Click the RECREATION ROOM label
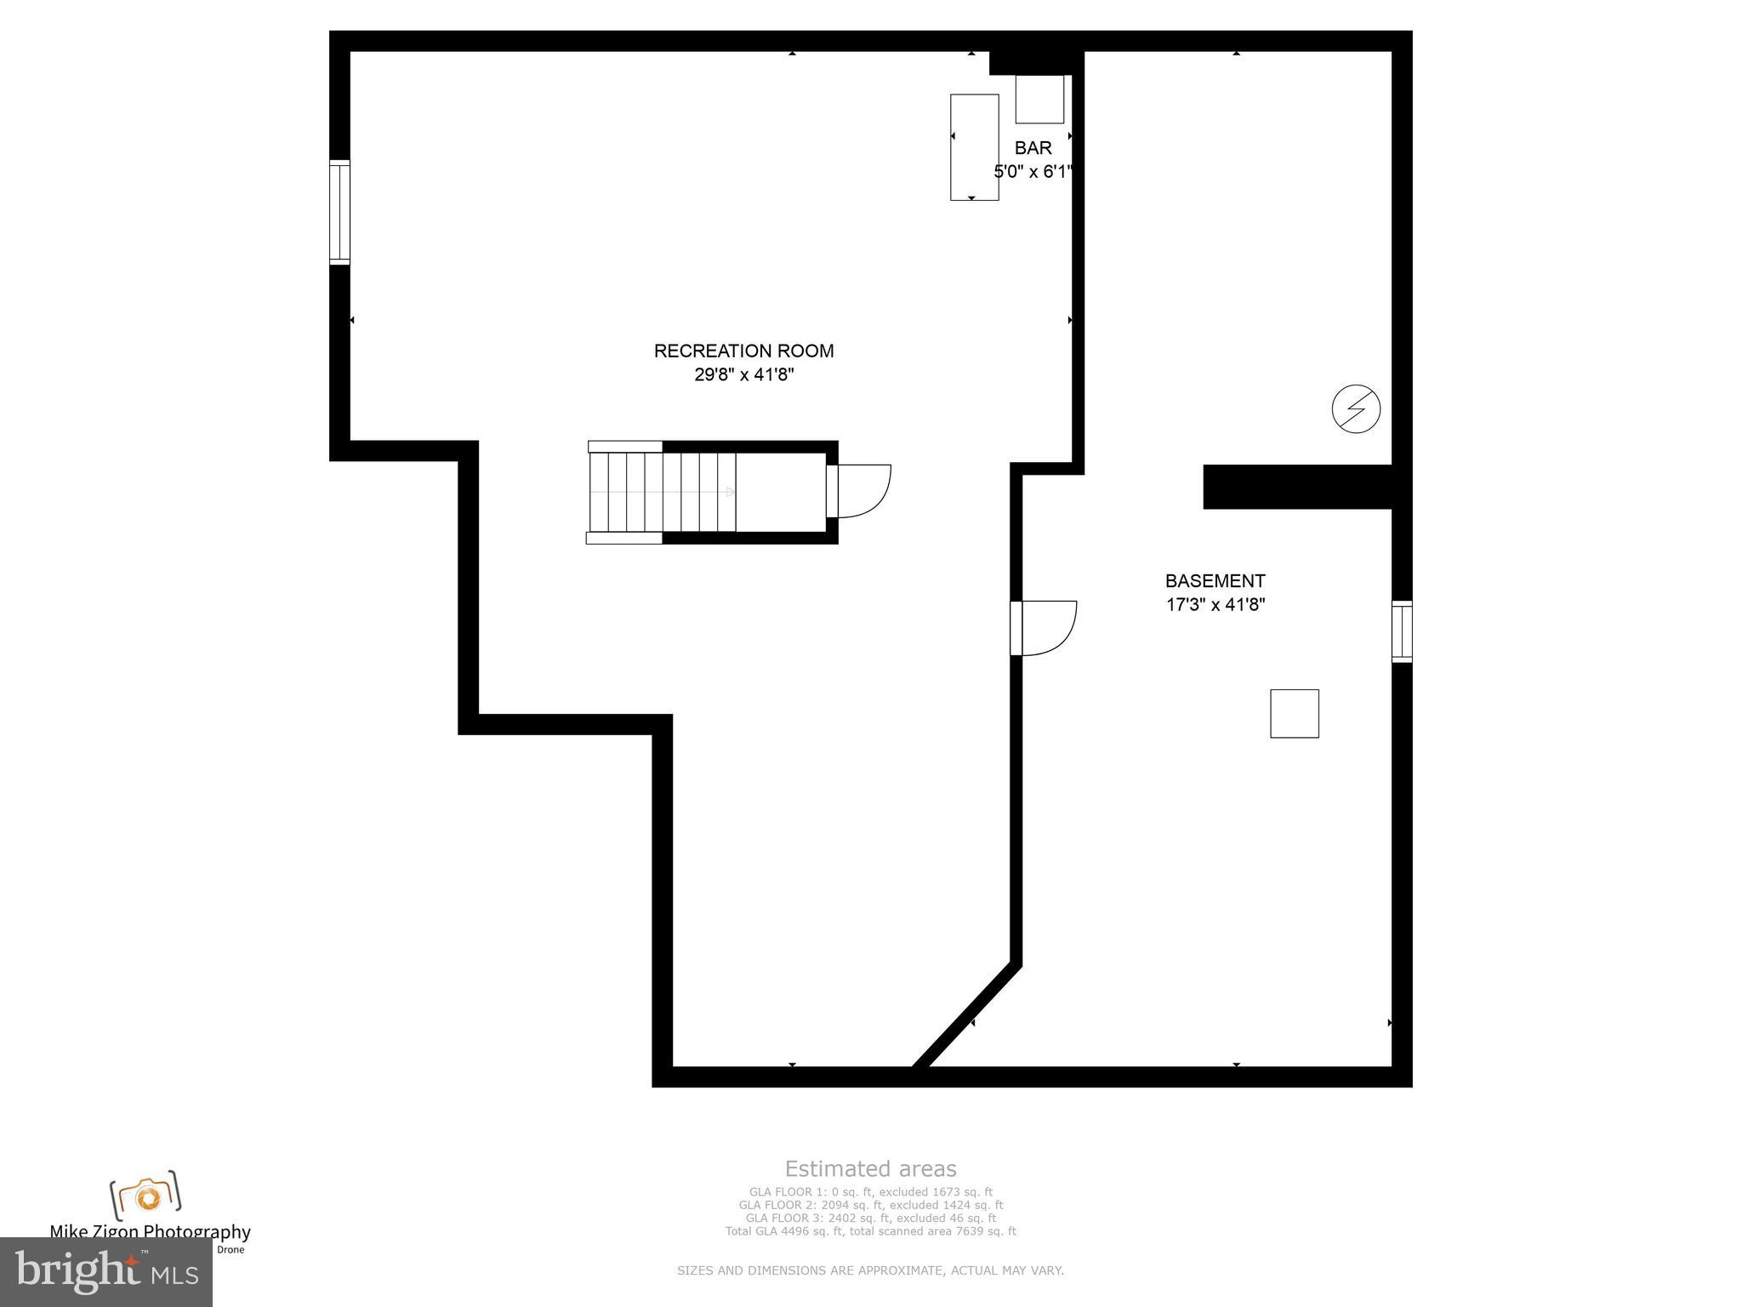pyautogui.click(x=743, y=351)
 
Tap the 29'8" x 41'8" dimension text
pyautogui.click(x=743, y=374)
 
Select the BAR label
pyautogui.click(x=1033, y=148)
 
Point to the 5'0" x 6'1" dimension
pyautogui.click(x=1033, y=172)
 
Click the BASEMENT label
pyautogui.click(x=1215, y=581)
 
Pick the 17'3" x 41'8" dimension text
pyautogui.click(x=1215, y=605)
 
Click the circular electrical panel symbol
pyautogui.click(x=1356, y=408)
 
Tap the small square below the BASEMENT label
pyautogui.click(x=1294, y=713)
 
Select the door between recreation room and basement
pyautogui.click(x=1045, y=628)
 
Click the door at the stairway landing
pyautogui.click(x=859, y=491)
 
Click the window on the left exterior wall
pyautogui.click(x=339, y=212)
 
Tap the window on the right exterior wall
pyautogui.click(x=1402, y=631)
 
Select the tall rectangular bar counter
pyautogui.click(x=974, y=147)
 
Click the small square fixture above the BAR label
pyautogui.click(x=1039, y=99)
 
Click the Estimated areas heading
pyautogui.click(x=870, y=1169)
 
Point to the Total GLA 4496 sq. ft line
pyautogui.click(x=870, y=1231)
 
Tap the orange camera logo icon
pyautogui.click(x=146, y=1196)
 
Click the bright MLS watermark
pyautogui.click(x=106, y=1271)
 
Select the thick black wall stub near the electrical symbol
pyautogui.click(x=1297, y=487)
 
